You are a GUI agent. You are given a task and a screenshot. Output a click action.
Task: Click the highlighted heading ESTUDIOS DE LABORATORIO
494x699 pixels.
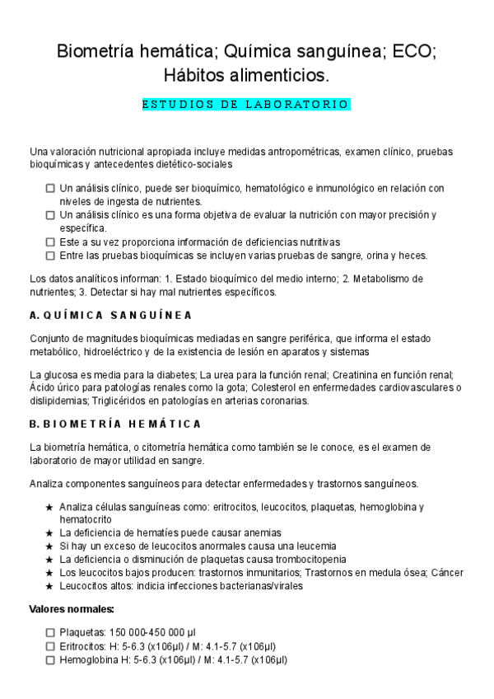[x=246, y=105]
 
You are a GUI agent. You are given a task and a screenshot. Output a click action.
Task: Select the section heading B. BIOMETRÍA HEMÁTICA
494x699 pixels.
[x=114, y=424]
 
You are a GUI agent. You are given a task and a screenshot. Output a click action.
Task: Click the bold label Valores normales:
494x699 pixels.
[x=72, y=609]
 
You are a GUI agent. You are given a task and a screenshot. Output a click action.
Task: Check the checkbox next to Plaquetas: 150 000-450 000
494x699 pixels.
[x=51, y=631]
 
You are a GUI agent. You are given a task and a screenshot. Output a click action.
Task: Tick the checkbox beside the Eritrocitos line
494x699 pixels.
[x=51, y=645]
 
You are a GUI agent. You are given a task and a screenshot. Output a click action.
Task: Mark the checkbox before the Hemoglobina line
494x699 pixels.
[x=51, y=659]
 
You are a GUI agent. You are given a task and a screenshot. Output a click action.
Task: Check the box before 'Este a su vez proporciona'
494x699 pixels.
[x=51, y=242]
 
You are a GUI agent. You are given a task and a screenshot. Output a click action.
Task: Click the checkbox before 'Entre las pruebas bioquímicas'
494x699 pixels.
[x=51, y=256]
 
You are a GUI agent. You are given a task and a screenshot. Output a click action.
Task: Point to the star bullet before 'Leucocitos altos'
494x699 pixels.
[x=49, y=586]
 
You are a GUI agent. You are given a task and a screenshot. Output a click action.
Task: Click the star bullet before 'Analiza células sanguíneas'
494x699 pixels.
[x=49, y=506]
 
